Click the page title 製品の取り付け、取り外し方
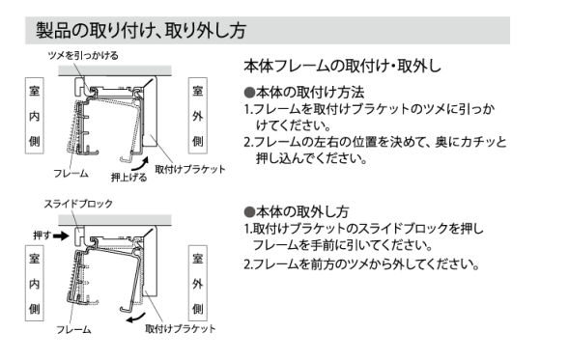[x=141, y=30]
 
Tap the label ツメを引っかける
[x=83, y=56]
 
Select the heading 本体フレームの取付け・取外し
[x=342, y=67]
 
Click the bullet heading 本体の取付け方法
[x=304, y=93]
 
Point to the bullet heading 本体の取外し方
[x=297, y=211]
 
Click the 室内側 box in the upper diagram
[x=35, y=116]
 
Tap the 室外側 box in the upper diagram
[x=198, y=116]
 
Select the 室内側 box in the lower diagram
[x=35, y=284]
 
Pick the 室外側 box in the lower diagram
[x=198, y=284]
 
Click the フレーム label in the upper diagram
[x=71, y=174]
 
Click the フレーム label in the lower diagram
[x=73, y=330]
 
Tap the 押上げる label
[x=129, y=178]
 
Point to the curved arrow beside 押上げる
[x=141, y=166]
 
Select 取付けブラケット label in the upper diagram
[x=190, y=169]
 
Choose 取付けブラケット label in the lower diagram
[x=181, y=329]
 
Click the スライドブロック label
[x=78, y=204]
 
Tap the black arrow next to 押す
[x=61, y=236]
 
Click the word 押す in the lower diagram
[x=43, y=235]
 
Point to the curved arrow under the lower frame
[x=135, y=318]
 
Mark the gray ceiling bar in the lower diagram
[x=115, y=219]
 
